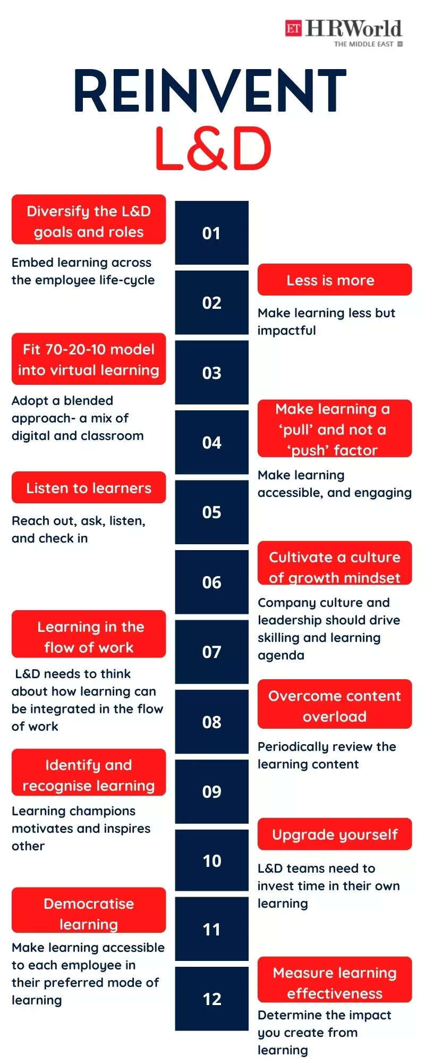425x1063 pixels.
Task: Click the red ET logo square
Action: point(293,28)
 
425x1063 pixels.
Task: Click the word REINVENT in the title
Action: point(210,91)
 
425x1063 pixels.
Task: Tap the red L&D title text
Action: point(213,148)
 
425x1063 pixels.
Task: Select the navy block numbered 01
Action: point(211,233)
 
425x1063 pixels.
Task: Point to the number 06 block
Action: point(211,582)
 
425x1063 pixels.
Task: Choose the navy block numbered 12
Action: point(211,999)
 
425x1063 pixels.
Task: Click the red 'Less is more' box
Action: point(335,280)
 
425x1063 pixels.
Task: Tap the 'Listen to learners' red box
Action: point(89,487)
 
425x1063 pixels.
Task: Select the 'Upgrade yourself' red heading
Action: point(335,834)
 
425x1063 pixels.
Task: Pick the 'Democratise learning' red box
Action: point(89,910)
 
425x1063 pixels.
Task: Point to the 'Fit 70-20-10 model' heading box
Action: point(89,359)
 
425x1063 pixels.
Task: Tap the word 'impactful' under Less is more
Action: point(287,331)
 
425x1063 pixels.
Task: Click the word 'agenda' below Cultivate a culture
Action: point(281,655)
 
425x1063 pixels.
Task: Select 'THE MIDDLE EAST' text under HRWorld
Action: point(364,44)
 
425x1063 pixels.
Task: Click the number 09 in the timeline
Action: point(211,791)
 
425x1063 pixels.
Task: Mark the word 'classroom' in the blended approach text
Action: point(113,436)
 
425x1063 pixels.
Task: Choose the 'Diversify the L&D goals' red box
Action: point(89,220)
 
